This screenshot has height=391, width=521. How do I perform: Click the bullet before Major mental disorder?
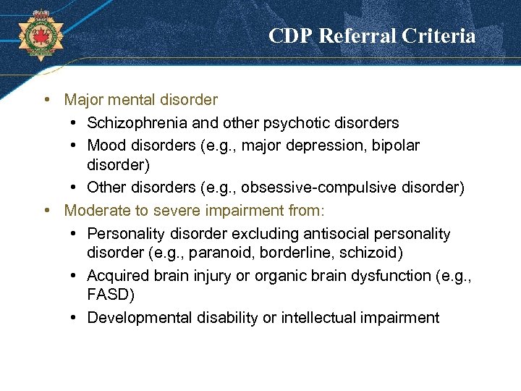click(46, 99)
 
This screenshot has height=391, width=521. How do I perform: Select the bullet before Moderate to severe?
click(46, 210)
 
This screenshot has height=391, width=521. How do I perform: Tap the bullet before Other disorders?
click(75, 188)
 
